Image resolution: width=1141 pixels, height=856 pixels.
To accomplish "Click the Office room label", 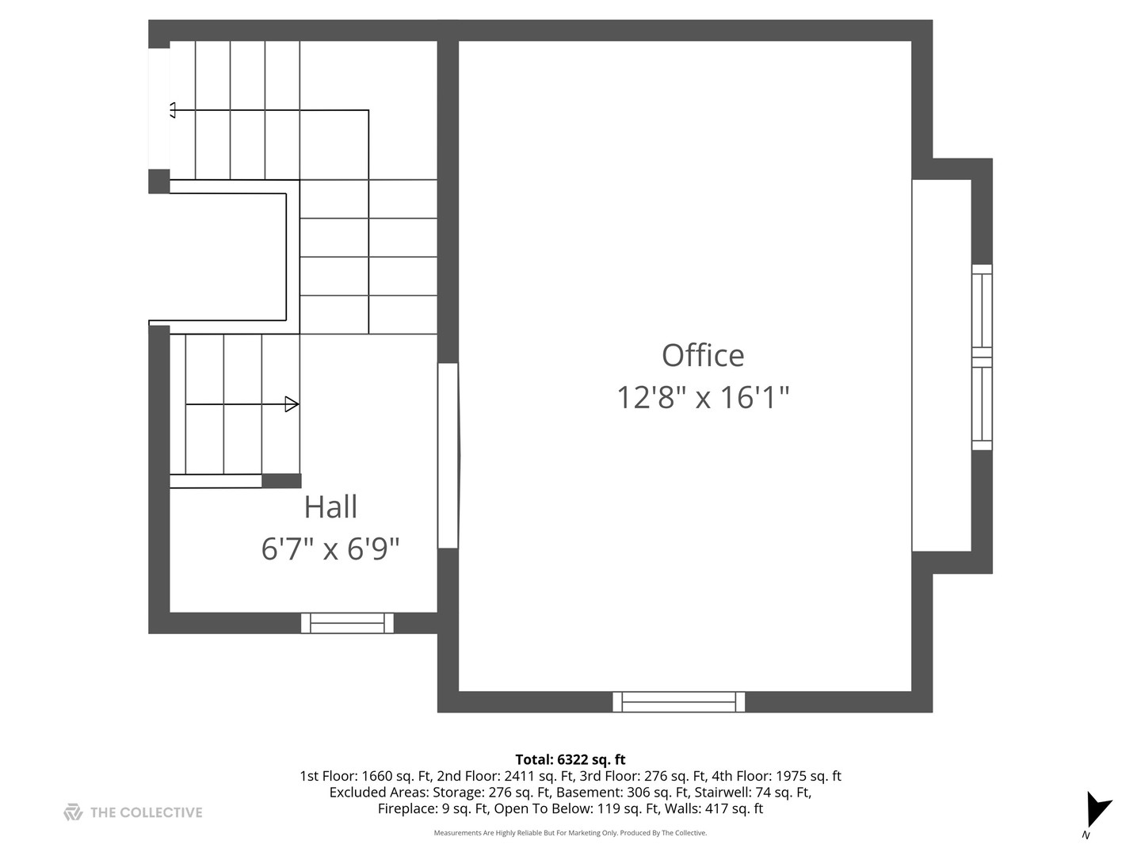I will point(703,356).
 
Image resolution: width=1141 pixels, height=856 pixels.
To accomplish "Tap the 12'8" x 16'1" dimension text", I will point(703,397).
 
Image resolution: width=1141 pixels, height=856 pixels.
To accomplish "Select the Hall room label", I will point(330,507).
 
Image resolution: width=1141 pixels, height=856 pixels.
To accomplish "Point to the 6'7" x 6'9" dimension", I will point(330,548).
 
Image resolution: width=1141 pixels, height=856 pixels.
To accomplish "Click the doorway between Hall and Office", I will point(448,456).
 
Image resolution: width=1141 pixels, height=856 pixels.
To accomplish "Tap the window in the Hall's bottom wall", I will point(347,623).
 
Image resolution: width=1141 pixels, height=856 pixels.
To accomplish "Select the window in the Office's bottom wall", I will point(678,701).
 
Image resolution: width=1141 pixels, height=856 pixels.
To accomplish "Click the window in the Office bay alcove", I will point(982,357).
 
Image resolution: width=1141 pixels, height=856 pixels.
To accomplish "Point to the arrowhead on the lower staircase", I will point(292,404).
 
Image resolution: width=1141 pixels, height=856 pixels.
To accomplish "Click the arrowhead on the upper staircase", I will point(173,110).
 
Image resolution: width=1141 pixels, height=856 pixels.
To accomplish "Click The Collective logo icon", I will point(73,812).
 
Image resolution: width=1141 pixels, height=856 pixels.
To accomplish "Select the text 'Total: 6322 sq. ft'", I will point(570,759).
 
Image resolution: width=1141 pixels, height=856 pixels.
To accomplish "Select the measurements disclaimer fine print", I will point(570,833).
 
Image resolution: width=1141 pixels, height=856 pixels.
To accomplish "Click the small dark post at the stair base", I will point(281,481).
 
